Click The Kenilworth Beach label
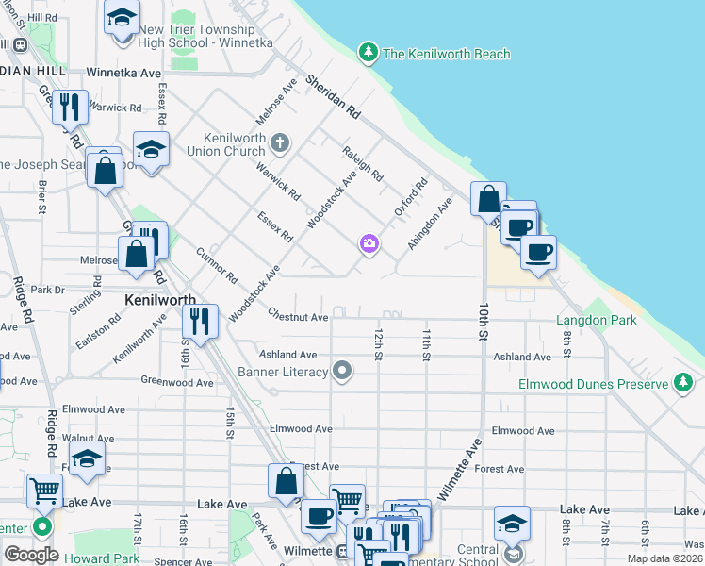[447, 54]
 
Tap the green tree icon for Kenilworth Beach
[369, 52]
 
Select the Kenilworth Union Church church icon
[279, 143]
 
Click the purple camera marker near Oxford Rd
[369, 244]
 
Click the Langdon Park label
[597, 321]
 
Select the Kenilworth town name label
[159, 299]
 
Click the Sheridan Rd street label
[342, 96]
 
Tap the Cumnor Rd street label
[218, 266]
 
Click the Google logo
[31, 555]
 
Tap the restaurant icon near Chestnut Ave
[200, 322]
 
